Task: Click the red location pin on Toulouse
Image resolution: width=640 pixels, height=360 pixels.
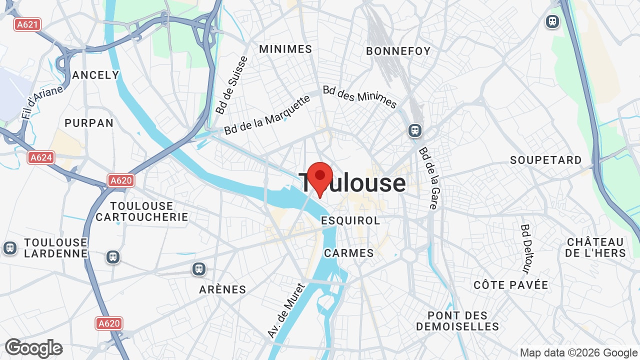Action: point(320,178)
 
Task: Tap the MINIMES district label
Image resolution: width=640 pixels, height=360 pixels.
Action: point(285,49)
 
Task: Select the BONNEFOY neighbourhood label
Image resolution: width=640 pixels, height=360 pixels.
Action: point(398,51)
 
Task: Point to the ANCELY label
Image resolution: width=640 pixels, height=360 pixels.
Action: point(95,75)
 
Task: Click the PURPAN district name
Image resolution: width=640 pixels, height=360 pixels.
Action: point(89,123)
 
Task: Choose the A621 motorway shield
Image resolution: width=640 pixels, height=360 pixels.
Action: point(27,24)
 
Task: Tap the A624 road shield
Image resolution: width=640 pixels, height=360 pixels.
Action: point(41,157)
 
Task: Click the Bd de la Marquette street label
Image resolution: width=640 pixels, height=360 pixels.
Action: point(267,114)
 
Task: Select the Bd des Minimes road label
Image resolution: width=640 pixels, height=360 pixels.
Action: point(359,97)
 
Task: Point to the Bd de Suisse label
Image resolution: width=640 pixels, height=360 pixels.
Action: point(231,85)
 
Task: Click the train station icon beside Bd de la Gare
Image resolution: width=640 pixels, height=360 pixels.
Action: point(414,130)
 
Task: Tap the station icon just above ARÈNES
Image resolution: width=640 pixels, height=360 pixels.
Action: point(199,269)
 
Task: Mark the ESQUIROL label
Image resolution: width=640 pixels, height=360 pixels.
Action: point(350,220)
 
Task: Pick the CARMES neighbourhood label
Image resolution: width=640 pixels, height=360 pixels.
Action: point(349,253)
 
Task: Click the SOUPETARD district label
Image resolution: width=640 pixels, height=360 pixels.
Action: point(546,160)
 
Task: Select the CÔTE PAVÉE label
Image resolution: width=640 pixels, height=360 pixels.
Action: point(511,285)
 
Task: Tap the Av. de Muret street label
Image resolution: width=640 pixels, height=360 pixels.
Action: point(286,310)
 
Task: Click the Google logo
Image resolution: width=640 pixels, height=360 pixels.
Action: point(34,348)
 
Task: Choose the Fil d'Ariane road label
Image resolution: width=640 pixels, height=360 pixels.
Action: point(42,102)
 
